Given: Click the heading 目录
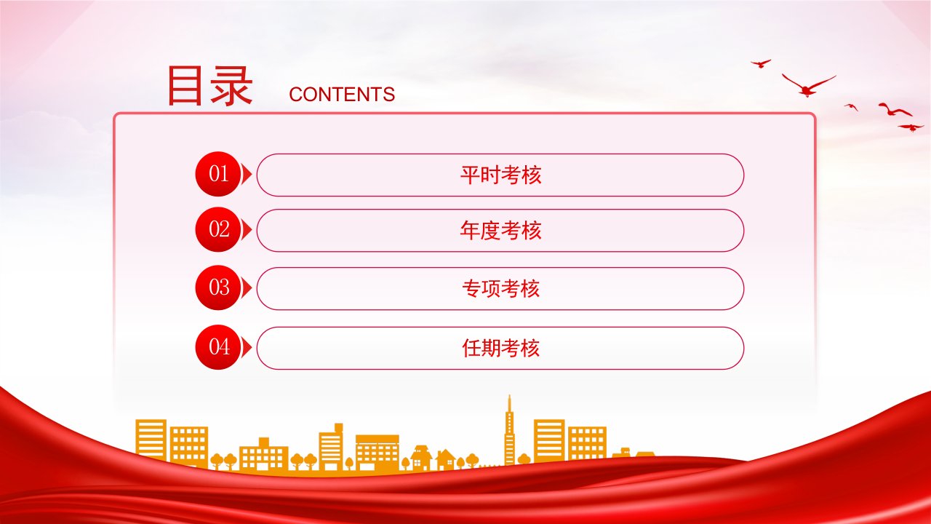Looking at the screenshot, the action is coord(210,86).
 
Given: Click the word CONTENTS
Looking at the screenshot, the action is coord(342,95).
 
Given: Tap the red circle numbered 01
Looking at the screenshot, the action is coord(218,174).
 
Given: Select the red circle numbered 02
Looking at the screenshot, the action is coord(218,229).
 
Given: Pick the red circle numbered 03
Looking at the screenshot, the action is coord(218,287).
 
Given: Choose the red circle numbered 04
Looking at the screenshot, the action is coord(218,347).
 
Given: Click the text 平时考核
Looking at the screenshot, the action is coord(500,175).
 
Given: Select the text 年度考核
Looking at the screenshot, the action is coord(500,231).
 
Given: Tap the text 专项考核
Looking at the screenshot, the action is coord(500,289).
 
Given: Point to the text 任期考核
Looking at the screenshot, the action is coord(500,348).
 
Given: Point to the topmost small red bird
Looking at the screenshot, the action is coord(761,63).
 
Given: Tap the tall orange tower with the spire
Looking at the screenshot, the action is coord(509,432).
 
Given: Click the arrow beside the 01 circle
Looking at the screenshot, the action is coord(247,174).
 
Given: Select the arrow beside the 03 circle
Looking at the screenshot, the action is coord(247,287).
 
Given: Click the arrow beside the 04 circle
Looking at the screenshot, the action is coord(247,347).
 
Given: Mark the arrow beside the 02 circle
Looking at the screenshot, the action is coord(247,229).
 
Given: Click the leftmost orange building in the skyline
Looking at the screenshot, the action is coord(151,440).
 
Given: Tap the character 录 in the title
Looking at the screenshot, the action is coord(231,86).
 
